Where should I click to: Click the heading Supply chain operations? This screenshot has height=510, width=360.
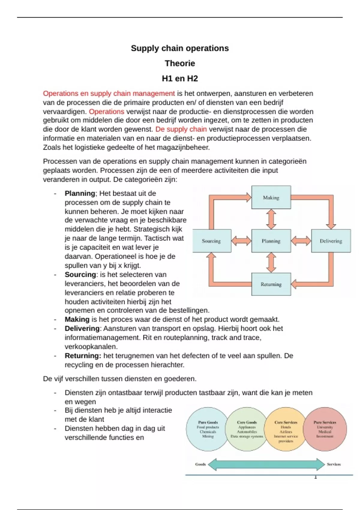180,48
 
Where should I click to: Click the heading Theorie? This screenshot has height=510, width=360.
180,63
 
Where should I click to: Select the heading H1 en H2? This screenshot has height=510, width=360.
180,79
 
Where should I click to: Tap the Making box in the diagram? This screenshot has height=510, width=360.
271,197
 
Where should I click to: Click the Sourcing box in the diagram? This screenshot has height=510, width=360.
211,241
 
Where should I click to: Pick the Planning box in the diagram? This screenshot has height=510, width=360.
271,241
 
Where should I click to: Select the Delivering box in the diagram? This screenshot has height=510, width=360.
331,241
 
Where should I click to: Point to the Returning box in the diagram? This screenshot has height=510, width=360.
271,284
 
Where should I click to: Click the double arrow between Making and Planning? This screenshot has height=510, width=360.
271,219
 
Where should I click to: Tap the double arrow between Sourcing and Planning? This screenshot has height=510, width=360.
241,241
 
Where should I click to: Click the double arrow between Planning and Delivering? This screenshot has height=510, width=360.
301,241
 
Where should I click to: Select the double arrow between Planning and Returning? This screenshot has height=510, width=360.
271,262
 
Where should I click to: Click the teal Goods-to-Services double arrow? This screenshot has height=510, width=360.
266,464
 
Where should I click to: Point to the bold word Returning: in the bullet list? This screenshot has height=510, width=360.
83,356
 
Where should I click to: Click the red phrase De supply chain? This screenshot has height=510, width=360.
181,129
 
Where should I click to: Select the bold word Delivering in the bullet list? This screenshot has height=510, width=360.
82,328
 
